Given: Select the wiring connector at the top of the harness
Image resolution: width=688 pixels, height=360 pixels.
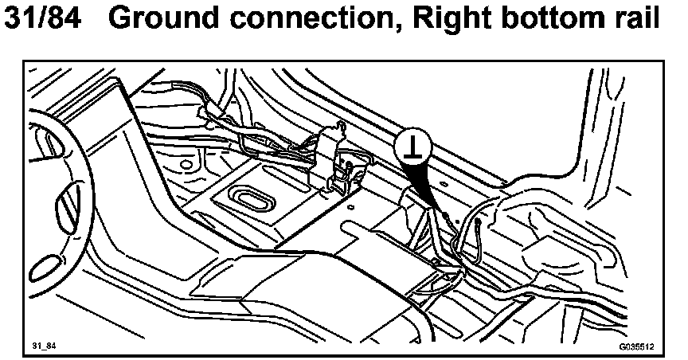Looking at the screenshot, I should tap(215, 112).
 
